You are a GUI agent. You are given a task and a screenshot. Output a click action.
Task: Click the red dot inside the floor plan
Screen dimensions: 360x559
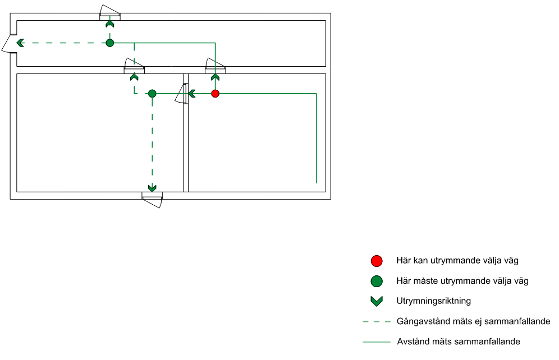[x=215, y=94]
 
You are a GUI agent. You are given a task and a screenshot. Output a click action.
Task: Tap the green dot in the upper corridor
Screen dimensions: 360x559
[x=110, y=43]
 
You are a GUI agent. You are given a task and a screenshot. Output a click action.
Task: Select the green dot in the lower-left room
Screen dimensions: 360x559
[x=152, y=94]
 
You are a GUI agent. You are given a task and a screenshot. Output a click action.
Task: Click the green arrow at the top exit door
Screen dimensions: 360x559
[x=110, y=24]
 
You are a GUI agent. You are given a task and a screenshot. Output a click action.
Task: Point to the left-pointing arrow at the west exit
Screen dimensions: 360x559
[x=20, y=43]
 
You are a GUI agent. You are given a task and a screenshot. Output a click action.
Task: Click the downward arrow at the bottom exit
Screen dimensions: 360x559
[x=152, y=188]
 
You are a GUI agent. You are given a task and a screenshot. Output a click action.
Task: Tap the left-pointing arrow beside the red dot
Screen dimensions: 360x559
[x=191, y=94]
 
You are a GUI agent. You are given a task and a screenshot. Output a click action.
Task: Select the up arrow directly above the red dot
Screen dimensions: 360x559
[x=215, y=77]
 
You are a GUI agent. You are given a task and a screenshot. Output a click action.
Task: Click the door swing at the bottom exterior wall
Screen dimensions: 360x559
[x=152, y=201]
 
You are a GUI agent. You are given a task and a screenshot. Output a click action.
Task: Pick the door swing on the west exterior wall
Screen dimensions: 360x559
[x=8, y=44]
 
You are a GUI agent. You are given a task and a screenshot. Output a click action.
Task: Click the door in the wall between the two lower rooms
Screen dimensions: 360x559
[x=181, y=94]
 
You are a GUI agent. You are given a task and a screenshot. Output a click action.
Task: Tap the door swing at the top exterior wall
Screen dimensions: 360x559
[x=109, y=11]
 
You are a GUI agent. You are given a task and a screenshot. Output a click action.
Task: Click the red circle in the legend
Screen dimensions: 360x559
[x=377, y=261]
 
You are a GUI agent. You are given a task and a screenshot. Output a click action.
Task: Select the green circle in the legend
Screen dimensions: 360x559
[x=377, y=281]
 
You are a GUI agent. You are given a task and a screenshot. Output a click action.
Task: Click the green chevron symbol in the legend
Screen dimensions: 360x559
[x=377, y=301]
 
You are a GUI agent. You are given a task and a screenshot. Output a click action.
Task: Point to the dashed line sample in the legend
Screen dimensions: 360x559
[x=377, y=322]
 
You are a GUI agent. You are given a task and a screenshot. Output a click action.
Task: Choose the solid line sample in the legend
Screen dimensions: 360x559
[x=377, y=341]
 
